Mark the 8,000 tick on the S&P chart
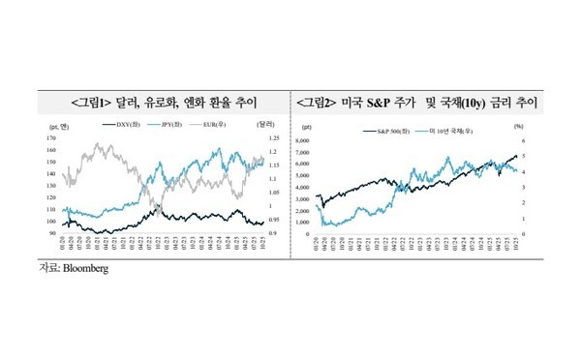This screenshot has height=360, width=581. coord(329,139)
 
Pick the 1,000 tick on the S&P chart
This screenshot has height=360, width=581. coord(329,223)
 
